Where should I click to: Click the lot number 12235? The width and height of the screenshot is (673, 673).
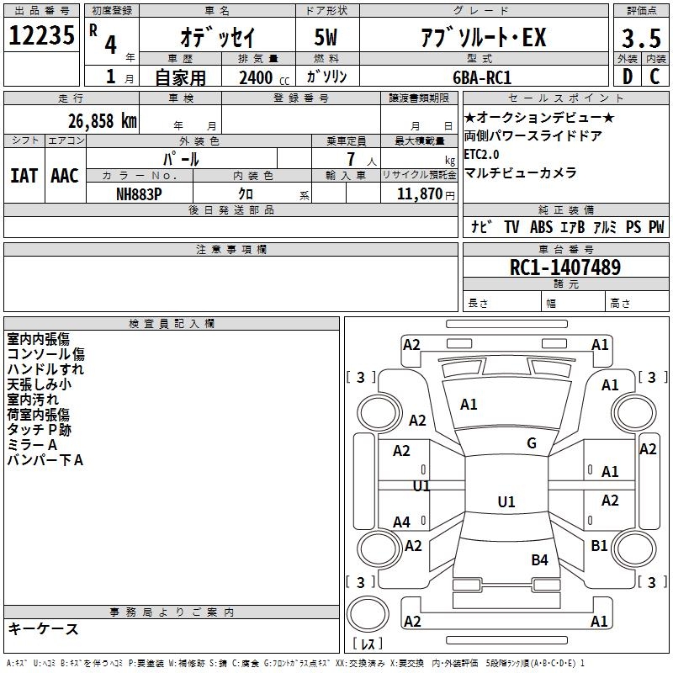[x=41, y=35]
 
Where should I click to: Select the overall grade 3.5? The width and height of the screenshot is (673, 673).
[x=641, y=38]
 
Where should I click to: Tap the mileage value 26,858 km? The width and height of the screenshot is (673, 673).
[x=103, y=121]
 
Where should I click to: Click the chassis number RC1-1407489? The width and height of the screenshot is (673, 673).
[x=565, y=268]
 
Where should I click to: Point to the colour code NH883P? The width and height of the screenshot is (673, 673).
[x=139, y=194]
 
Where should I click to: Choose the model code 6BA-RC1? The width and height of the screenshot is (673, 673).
[x=482, y=77]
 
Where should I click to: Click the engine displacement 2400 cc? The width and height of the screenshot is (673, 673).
[x=264, y=77]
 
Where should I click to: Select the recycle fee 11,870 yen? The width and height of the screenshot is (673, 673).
[x=426, y=194]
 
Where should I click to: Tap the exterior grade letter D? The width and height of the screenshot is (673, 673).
[x=628, y=77]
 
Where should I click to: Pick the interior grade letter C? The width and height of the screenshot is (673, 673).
[x=654, y=77]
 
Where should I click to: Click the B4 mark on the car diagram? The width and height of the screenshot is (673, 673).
[x=539, y=559]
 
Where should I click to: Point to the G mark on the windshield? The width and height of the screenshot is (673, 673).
[x=532, y=442]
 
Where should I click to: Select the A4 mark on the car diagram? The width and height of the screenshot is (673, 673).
[x=401, y=522]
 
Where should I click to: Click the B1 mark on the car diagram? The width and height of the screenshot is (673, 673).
[x=599, y=545]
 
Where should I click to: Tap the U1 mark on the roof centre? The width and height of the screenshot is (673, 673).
[x=506, y=501]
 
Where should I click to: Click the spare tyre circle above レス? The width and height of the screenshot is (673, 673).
[x=368, y=614]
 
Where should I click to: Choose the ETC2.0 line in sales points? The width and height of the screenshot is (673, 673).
[x=481, y=154]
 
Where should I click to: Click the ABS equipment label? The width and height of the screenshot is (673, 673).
[x=541, y=226]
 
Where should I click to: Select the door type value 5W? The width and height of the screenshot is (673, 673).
[x=326, y=37]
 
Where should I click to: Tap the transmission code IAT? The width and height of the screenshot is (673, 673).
[x=24, y=176]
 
